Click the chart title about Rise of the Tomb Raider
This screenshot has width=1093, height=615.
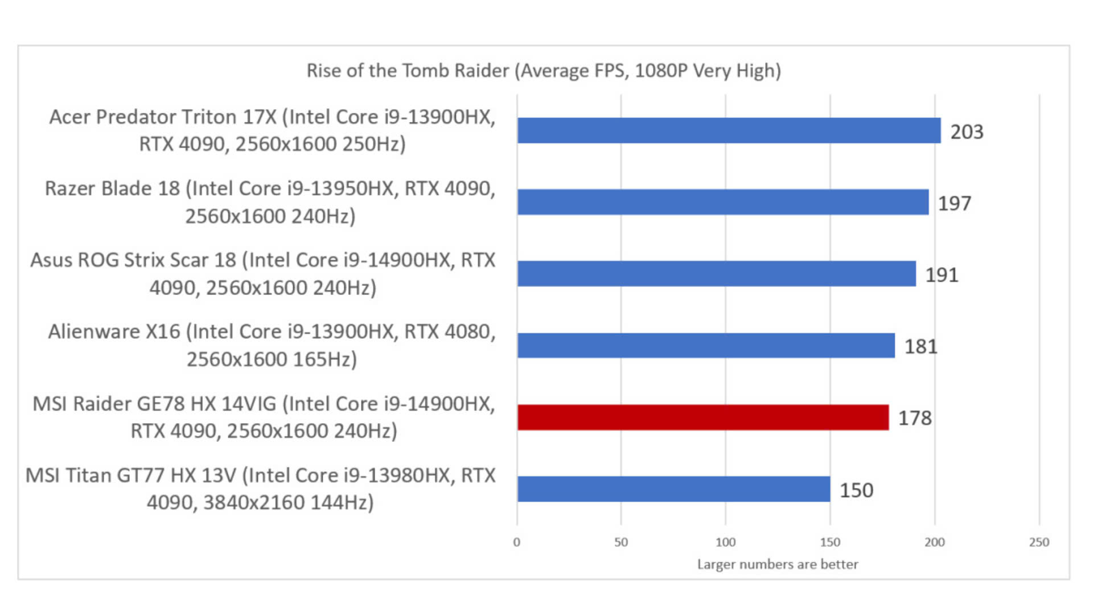click(544, 71)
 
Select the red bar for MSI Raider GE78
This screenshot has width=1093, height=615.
click(703, 417)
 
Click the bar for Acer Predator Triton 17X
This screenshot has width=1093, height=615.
click(729, 130)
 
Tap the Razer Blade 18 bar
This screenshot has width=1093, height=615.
click(723, 202)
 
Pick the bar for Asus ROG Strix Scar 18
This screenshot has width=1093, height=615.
click(716, 274)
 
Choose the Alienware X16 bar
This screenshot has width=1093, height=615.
click(706, 346)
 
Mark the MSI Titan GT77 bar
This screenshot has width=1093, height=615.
click(673, 489)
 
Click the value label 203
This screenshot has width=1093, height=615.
click(967, 132)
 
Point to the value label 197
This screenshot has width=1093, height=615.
click(954, 203)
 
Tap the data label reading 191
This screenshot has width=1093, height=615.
click(942, 275)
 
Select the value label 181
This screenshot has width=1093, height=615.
click(921, 347)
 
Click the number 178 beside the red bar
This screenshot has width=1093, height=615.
click(915, 419)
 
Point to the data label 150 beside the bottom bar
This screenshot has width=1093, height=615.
click(856, 490)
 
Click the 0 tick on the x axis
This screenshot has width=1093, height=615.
click(516, 542)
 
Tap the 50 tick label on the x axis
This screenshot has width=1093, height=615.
click(621, 542)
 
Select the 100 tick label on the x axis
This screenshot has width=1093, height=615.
click(725, 542)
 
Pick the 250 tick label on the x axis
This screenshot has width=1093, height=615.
click(1039, 542)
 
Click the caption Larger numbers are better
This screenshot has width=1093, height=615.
click(778, 564)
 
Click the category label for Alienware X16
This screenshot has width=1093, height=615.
click(272, 345)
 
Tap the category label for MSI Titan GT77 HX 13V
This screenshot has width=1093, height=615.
click(261, 489)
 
